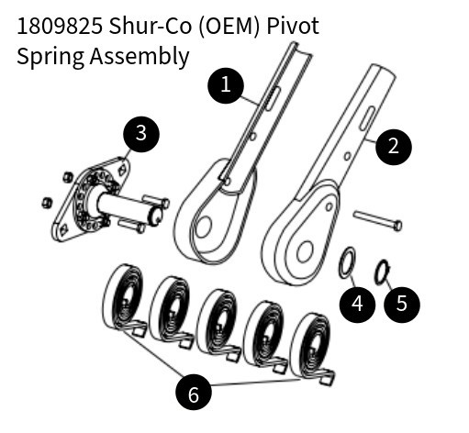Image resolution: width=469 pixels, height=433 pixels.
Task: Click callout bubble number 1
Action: pyautogui.click(x=226, y=85)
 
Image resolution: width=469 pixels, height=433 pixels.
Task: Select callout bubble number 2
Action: pyautogui.click(x=394, y=147)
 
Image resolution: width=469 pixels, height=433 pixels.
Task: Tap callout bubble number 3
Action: pyautogui.click(x=141, y=134)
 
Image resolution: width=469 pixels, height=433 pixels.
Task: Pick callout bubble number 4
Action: pyautogui.click(x=357, y=305)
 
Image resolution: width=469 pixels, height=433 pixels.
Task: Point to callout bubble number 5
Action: pyautogui.click(x=402, y=305)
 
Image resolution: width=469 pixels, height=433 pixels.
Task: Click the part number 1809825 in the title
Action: pyautogui.click(x=60, y=26)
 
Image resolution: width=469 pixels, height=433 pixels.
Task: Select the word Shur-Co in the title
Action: pyautogui.click(x=150, y=26)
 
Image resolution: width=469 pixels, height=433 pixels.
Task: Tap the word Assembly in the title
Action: pyautogui.click(x=140, y=57)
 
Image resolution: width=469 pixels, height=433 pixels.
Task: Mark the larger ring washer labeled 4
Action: pyautogui.click(x=347, y=263)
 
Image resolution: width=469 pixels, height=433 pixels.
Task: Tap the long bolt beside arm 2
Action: pyautogui.click(x=377, y=220)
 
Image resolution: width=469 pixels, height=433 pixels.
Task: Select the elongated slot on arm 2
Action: pyautogui.click(x=367, y=118)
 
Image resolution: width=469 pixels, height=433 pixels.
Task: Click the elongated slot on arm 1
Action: pyautogui.click(x=273, y=98)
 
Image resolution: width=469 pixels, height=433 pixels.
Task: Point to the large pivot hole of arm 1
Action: pyautogui.click(x=203, y=228)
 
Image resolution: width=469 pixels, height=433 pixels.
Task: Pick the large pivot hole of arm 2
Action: pyautogui.click(x=305, y=251)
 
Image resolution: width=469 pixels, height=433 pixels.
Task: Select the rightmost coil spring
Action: pyautogui.click(x=312, y=348)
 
